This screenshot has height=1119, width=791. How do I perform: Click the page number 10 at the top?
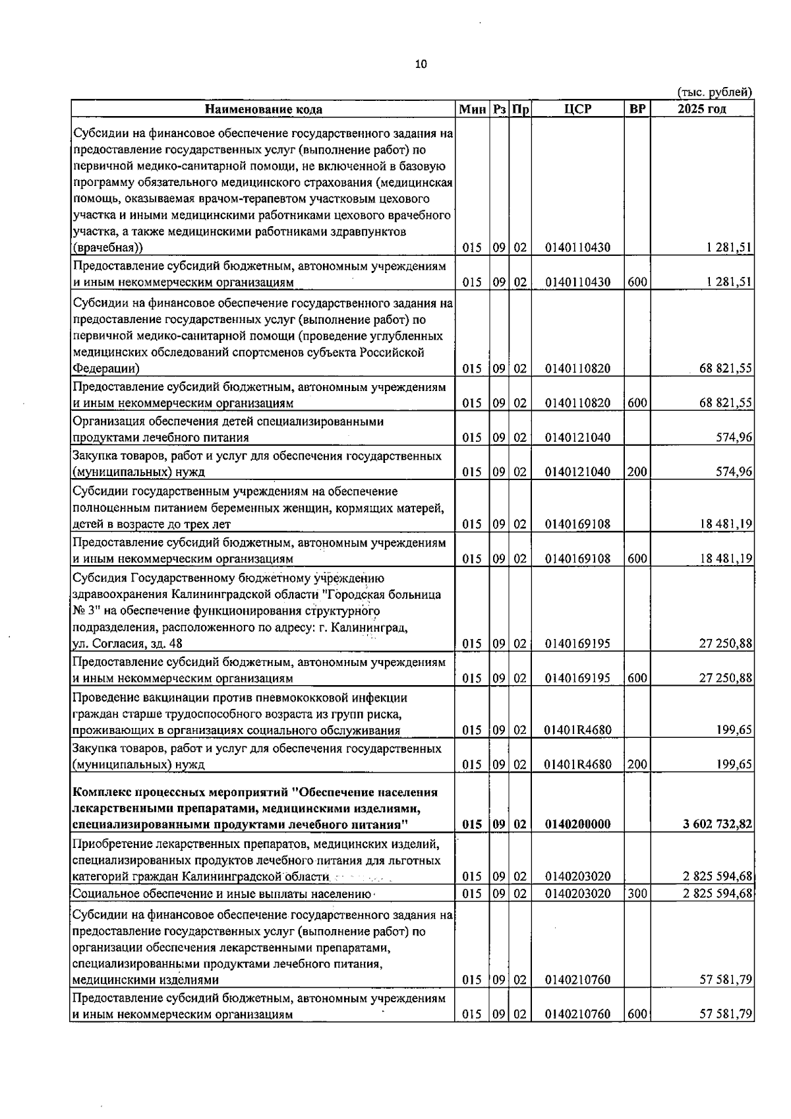coord(421,64)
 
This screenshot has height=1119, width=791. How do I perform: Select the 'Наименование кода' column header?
coord(263,109)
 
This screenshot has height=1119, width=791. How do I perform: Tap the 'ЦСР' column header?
coord(578,109)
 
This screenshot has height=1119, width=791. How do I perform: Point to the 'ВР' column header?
coord(637,109)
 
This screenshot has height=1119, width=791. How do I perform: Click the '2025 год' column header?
coord(702,109)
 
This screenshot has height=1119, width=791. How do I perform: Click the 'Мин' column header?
coord(473,109)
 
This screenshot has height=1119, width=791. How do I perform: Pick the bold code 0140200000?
coord(578,824)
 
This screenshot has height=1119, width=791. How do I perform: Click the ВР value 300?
coord(637,893)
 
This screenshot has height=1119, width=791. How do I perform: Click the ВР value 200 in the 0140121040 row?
coord(637,471)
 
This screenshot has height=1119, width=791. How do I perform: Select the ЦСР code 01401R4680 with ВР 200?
coord(578,765)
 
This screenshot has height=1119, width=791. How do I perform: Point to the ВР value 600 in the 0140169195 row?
coord(637,678)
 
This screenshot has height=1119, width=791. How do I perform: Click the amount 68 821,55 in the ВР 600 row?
coord(726,403)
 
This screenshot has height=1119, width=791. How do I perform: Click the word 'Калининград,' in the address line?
coord(372,627)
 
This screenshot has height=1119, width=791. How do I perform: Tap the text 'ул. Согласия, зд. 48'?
coord(127,644)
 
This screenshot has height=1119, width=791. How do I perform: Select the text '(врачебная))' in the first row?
coord(108,248)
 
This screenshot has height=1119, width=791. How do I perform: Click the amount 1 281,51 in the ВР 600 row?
coord(730,282)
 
